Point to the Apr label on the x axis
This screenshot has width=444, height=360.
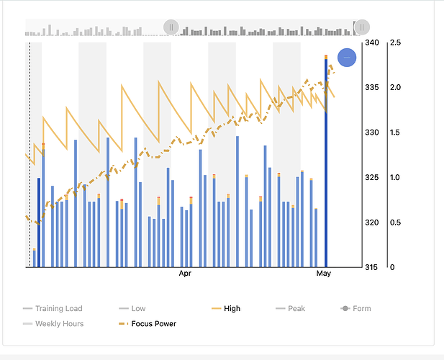point(186,274)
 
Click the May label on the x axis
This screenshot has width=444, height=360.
point(323,274)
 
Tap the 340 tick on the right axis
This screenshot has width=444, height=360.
point(371,42)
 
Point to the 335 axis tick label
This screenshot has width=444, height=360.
point(371,88)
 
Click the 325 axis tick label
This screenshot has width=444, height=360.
point(371,178)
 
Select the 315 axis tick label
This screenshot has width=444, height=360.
point(371,268)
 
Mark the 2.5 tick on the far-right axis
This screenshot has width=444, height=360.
point(395,42)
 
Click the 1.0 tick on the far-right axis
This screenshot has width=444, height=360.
point(395,178)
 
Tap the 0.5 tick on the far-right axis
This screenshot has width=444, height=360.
point(395,222)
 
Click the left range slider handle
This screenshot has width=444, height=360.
point(171,27)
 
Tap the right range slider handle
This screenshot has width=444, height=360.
point(363,27)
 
